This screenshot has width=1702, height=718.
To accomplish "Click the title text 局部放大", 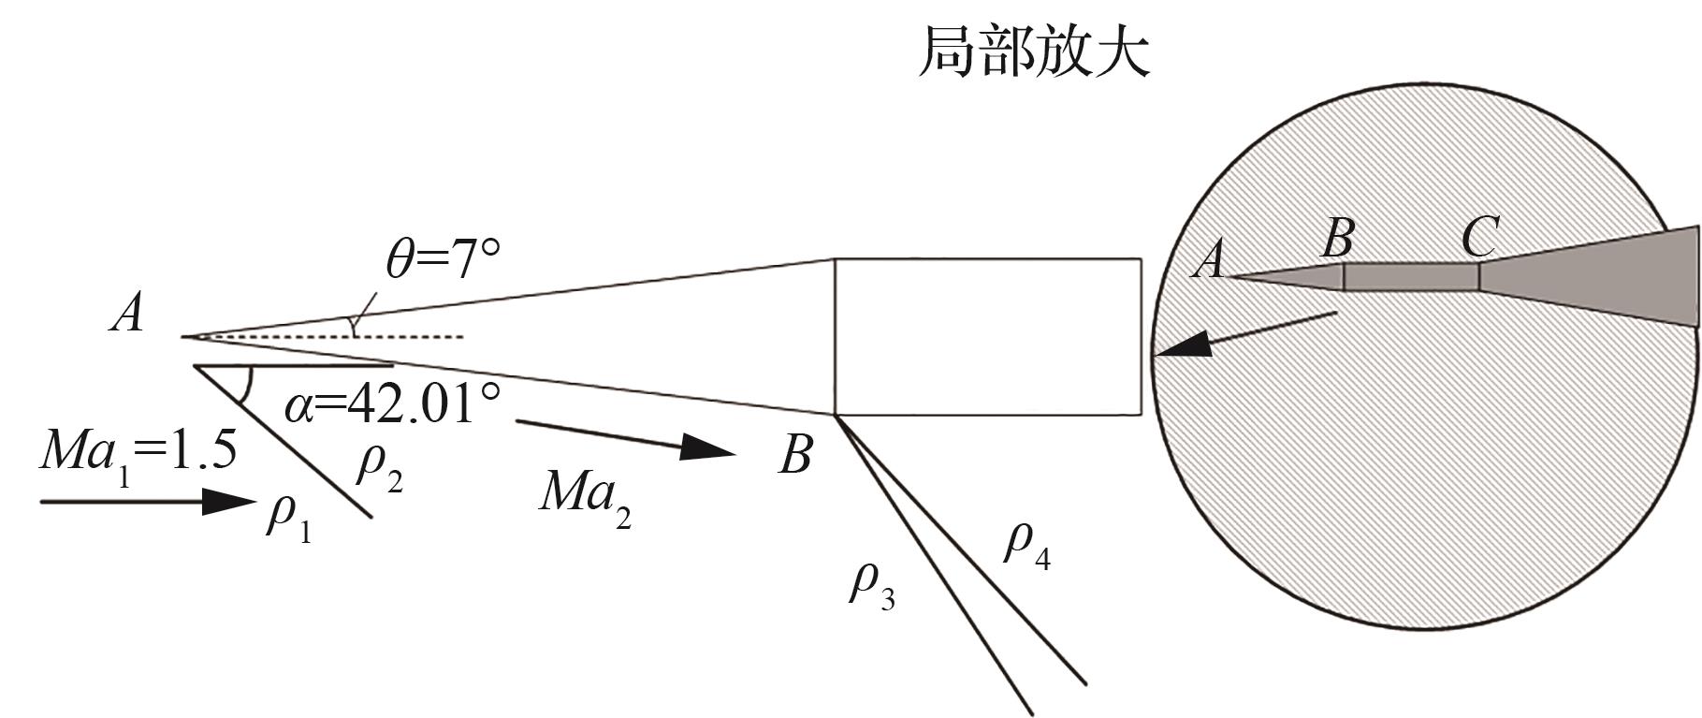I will (x=1033, y=51).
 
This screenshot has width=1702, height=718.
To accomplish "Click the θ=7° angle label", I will (x=444, y=259).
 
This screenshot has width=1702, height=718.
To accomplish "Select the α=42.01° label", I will (x=392, y=405).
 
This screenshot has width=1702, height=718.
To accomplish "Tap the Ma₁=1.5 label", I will (x=138, y=452).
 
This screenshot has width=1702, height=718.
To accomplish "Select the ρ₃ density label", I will (x=871, y=584).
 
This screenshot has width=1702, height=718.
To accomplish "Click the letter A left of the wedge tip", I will (x=127, y=313).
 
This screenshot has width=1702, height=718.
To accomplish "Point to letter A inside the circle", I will (x=1209, y=258).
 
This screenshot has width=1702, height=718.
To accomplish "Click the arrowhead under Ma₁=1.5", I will (x=228, y=502).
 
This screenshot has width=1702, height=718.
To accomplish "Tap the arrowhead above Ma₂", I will (x=707, y=447).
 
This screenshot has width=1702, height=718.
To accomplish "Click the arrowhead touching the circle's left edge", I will (x=1181, y=348).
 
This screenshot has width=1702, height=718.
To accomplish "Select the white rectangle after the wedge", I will (x=987, y=336).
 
